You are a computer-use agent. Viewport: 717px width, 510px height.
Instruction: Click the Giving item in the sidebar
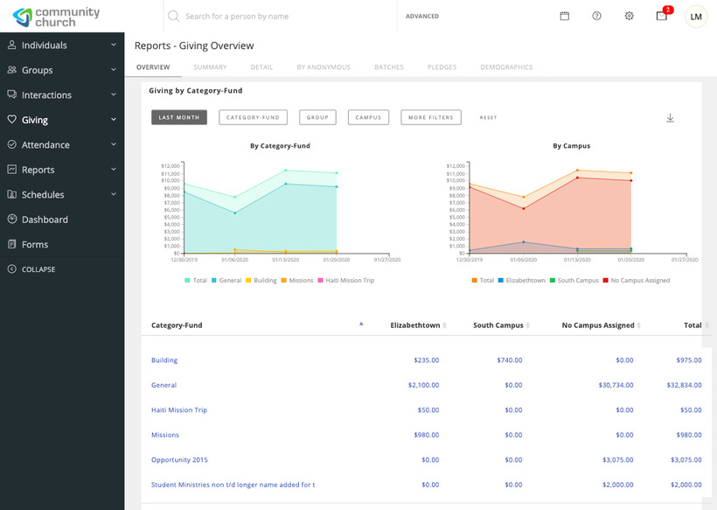click(x=35, y=120)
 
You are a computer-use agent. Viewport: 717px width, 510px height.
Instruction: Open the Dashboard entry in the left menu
click(x=44, y=220)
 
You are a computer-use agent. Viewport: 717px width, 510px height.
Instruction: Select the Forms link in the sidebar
click(x=34, y=244)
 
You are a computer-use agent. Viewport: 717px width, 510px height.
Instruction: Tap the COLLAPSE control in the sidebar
click(x=38, y=269)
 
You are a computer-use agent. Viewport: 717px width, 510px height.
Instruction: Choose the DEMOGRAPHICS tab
click(x=506, y=67)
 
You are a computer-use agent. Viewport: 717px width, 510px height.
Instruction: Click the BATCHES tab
click(x=388, y=67)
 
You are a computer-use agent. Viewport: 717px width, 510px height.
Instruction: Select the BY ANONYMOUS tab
click(x=324, y=67)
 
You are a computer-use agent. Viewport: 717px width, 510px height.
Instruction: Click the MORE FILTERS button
click(x=431, y=117)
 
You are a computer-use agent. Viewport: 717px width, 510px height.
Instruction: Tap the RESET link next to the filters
click(x=488, y=117)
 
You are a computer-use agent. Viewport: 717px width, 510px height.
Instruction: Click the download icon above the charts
click(x=670, y=118)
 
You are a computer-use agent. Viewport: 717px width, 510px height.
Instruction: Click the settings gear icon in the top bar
click(x=629, y=16)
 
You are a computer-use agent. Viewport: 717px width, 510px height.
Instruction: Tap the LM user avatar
click(x=696, y=16)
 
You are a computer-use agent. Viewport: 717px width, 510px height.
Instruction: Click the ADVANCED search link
click(x=422, y=17)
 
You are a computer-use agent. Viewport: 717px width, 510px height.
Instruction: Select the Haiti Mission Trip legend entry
click(x=349, y=280)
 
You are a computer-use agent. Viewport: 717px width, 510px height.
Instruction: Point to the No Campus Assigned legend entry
click(x=640, y=280)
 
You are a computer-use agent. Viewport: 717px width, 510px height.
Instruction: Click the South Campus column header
click(x=498, y=325)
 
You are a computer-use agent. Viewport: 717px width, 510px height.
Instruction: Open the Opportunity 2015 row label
click(x=179, y=459)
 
